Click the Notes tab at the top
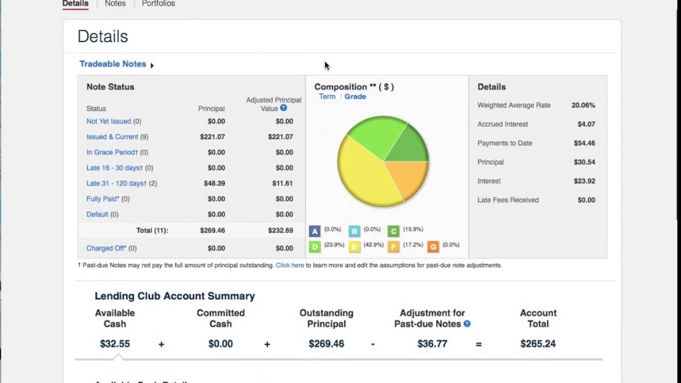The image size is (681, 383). pyautogui.click(x=115, y=4)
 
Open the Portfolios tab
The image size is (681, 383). pyautogui.click(x=158, y=4)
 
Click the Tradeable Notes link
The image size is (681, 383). pyautogui.click(x=113, y=64)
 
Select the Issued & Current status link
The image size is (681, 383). pyautogui.click(x=112, y=137)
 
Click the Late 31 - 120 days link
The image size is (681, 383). pyautogui.click(x=116, y=183)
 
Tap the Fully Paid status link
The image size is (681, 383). pyautogui.click(x=103, y=198)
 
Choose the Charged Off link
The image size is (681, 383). pyautogui.click(x=106, y=248)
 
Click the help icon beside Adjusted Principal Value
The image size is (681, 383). pyautogui.click(x=284, y=108)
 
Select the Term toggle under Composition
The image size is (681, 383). pyautogui.click(x=327, y=96)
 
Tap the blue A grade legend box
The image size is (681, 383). pyautogui.click(x=314, y=231)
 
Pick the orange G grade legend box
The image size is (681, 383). pyautogui.click(x=433, y=247)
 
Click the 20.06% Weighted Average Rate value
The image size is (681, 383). pyautogui.click(x=583, y=105)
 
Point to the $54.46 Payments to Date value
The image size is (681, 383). pyautogui.click(x=584, y=143)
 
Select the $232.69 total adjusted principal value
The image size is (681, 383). pyautogui.click(x=280, y=230)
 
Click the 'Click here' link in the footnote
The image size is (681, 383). pyautogui.click(x=290, y=265)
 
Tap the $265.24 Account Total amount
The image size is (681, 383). pyautogui.click(x=538, y=344)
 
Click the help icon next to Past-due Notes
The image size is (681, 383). pyautogui.click(x=467, y=323)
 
